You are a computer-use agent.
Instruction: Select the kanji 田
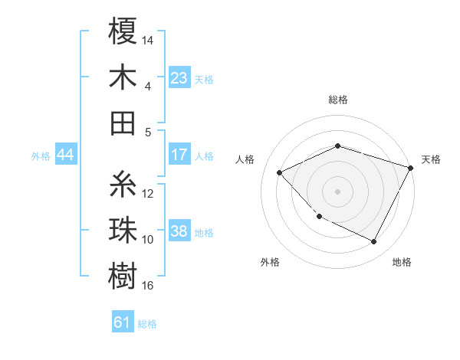click(123, 122)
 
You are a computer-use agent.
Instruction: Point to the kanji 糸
click(123, 184)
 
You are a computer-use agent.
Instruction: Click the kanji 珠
click(123, 230)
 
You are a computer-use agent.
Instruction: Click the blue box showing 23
click(179, 77)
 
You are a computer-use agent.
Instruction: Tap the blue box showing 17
click(179, 155)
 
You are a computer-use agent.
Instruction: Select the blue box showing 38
click(179, 231)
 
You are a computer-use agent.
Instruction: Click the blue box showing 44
click(66, 155)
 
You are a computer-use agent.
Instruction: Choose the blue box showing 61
click(123, 322)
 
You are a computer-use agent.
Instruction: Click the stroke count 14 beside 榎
click(148, 40)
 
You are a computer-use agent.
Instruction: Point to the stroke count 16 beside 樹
click(148, 286)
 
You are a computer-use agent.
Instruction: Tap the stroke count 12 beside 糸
click(148, 193)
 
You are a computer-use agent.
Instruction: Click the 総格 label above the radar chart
click(338, 100)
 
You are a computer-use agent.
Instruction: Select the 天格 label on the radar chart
click(431, 159)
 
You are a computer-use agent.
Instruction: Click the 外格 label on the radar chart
click(270, 262)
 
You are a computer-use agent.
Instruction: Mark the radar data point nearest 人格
click(280, 172)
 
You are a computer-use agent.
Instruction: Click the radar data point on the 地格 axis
click(373, 241)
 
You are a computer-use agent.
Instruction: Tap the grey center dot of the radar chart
click(338, 191)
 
